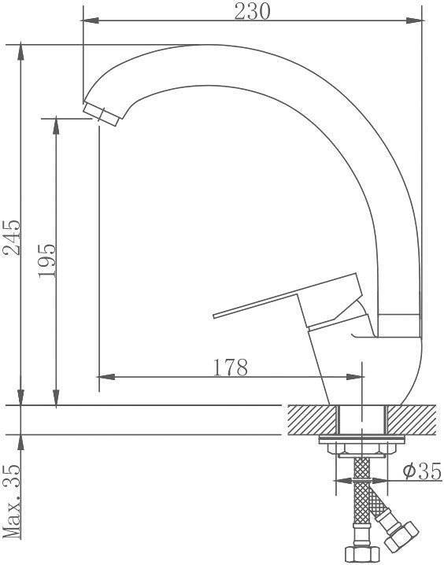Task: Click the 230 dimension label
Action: pos(252,12)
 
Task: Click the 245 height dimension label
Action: pos(12,237)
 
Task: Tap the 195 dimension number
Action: pos(47,260)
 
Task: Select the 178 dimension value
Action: pos(231,367)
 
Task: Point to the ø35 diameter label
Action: pos(423,471)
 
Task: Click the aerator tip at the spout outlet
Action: pos(101,114)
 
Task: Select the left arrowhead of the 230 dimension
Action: pos(91,20)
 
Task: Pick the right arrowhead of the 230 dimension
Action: pos(414,20)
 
